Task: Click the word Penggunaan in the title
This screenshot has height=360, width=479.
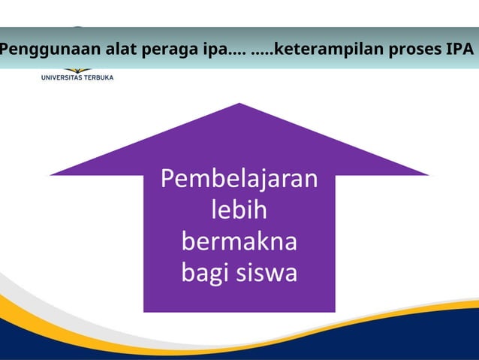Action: click(43, 50)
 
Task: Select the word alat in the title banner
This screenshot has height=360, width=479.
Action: click(109, 50)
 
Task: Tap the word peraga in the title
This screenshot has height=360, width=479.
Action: click(154, 50)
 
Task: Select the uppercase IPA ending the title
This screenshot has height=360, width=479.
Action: click(459, 50)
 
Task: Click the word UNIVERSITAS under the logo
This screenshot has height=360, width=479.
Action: click(62, 77)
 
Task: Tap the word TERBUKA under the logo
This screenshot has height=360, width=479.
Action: click(98, 77)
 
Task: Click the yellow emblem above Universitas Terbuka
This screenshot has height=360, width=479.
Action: click(77, 71)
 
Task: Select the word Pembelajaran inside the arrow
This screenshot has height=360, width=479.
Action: click(239, 180)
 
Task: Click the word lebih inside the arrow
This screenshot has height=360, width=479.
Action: click(239, 211)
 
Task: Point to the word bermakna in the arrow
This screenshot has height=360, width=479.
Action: click(239, 242)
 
